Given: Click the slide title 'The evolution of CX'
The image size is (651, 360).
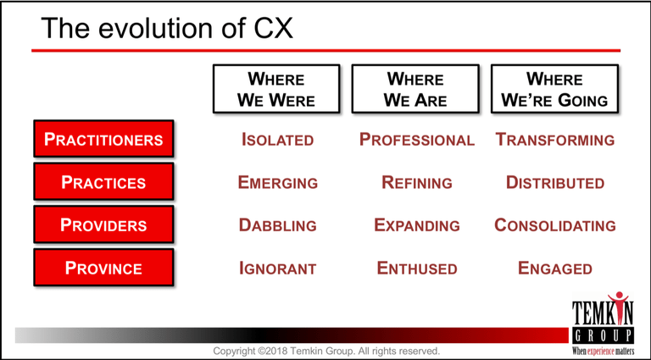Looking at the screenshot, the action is [x=167, y=27].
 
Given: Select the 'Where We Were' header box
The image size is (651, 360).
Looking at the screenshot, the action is [x=276, y=89].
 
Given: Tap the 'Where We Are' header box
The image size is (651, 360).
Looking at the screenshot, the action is [x=415, y=89].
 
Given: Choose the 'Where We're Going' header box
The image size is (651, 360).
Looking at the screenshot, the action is [x=554, y=89].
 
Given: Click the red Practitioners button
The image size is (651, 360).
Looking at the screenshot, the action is [x=103, y=139].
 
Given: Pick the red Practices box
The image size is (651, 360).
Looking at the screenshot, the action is [x=103, y=181].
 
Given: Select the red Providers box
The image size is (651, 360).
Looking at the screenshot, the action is [x=103, y=224].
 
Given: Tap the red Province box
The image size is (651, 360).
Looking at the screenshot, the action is [x=103, y=268].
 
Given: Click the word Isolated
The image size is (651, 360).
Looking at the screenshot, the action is [x=277, y=140].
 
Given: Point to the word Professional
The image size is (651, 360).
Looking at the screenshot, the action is [x=417, y=140].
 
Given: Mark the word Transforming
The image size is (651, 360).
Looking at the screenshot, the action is [x=555, y=140].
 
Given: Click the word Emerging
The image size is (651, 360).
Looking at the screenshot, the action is [x=278, y=182].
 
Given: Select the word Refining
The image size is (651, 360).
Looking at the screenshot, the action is [x=417, y=182].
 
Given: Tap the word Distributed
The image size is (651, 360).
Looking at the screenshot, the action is [x=555, y=182].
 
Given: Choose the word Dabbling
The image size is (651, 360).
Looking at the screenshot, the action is [x=278, y=225].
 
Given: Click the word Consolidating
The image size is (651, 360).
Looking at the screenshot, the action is [x=555, y=225].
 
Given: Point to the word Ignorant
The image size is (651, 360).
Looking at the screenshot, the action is [x=278, y=269].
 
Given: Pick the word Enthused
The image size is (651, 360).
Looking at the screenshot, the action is [x=417, y=269].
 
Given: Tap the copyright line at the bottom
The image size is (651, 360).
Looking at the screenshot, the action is [x=326, y=351].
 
